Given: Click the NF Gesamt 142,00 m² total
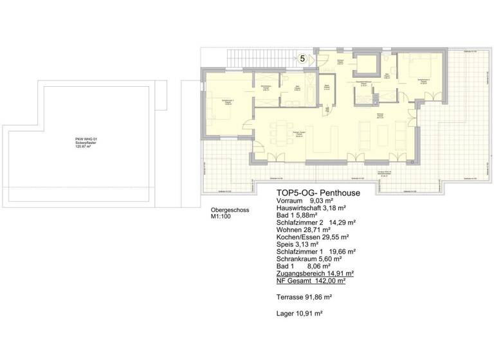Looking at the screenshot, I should [311, 280].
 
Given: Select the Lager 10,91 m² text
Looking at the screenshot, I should [299, 313].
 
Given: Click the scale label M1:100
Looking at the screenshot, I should [221, 217].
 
